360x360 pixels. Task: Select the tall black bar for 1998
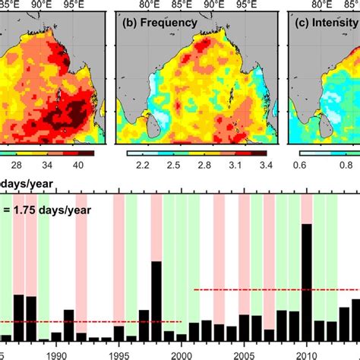156,301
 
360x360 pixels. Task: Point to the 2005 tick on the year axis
244,354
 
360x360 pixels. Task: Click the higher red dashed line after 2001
273,289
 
